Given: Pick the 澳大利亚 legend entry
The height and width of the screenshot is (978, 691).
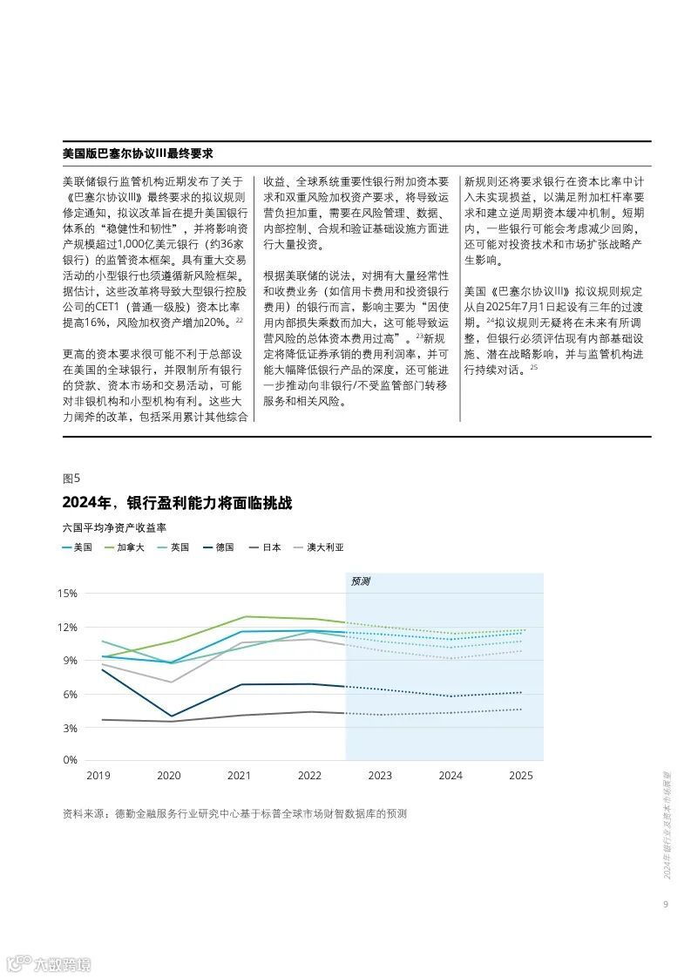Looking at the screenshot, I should [x=325, y=547].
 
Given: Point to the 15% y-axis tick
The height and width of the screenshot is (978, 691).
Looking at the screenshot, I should [x=67, y=594].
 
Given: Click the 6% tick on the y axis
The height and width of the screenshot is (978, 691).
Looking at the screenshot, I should [x=69, y=694].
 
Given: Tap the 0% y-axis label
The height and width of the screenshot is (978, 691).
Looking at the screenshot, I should [x=69, y=760].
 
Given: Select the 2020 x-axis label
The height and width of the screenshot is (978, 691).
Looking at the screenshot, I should [x=169, y=776].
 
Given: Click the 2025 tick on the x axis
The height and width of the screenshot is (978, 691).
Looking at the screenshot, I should [x=521, y=776].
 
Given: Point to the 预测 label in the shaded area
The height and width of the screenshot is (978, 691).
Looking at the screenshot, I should [x=360, y=581].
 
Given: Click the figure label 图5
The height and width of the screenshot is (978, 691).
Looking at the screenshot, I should [x=71, y=478].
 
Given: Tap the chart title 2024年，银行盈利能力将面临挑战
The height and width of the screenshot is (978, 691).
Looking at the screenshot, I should [x=178, y=504].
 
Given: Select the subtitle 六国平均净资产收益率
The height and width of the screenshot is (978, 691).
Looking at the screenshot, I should [x=114, y=528].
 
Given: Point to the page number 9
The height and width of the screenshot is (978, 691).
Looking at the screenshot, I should [x=665, y=904].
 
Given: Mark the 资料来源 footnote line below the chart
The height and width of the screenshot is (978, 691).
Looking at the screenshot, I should [x=234, y=814].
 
